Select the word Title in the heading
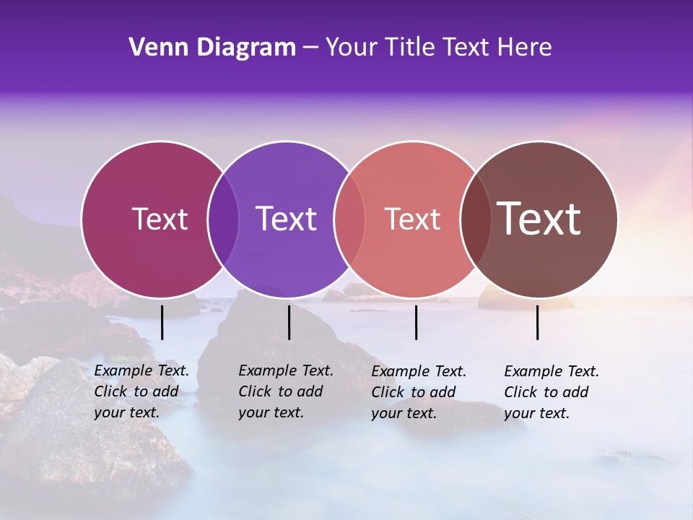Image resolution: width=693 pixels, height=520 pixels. [406, 48]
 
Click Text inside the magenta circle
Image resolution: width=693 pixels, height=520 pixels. [160, 219]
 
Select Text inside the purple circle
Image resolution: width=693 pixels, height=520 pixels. [286, 219]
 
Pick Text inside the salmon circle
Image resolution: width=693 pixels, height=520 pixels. [412, 219]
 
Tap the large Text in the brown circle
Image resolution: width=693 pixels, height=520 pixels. [539, 219]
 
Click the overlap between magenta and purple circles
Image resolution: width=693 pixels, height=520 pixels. [223, 219]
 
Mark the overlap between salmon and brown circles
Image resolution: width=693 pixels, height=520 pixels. [474, 219]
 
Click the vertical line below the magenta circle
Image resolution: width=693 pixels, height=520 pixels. [162, 322]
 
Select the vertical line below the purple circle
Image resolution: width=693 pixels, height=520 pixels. [289, 322]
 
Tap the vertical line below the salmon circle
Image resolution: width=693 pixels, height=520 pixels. [416, 322]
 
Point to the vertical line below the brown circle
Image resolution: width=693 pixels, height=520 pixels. [537, 322]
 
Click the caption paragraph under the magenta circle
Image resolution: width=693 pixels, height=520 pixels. [141, 391]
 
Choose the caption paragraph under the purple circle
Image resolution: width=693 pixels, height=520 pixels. [286, 391]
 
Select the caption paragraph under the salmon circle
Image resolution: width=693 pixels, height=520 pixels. [419, 391]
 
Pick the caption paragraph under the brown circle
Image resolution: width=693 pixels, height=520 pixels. [552, 391]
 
